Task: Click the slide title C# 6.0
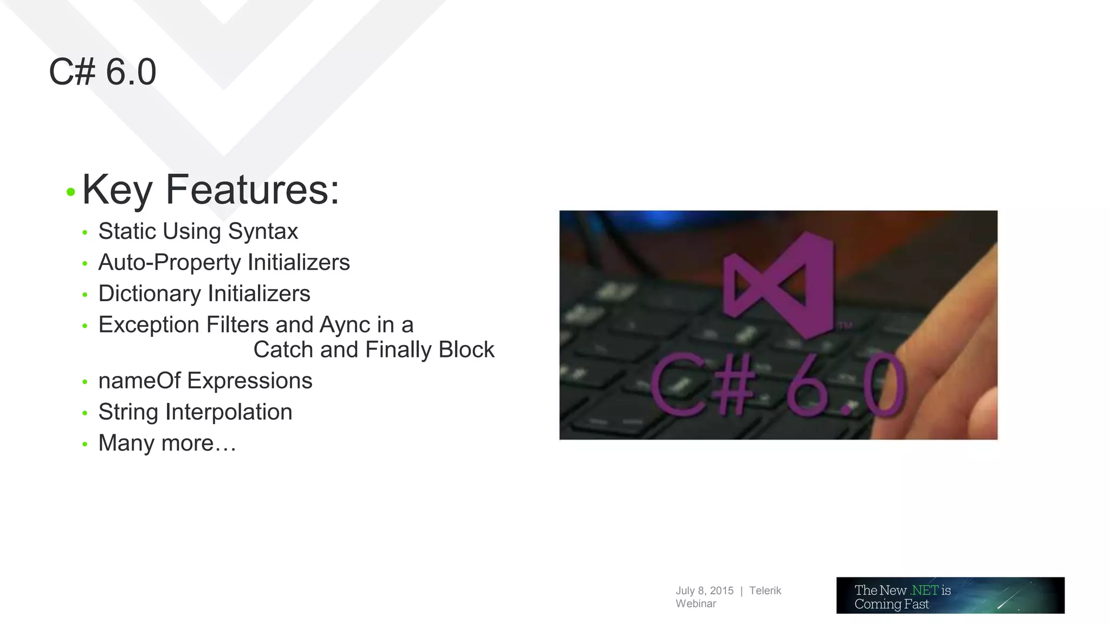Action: coord(102,72)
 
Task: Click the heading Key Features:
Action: coord(210,190)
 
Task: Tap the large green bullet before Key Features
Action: coord(70,192)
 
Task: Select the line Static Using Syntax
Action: coord(198,231)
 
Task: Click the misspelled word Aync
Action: coord(345,325)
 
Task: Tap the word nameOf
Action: coord(139,381)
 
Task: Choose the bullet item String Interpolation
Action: coord(195,412)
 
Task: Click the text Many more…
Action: coord(167,443)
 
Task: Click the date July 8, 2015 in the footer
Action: coord(704,591)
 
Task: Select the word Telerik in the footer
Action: coord(765,591)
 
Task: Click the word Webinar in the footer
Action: coord(695,604)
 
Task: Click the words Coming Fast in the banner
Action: coord(892,604)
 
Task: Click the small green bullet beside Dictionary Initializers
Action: coord(85,295)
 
